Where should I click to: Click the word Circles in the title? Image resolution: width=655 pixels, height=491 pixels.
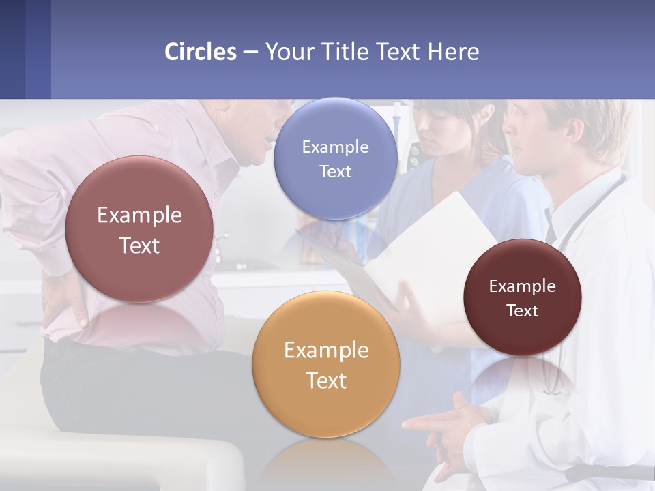click(201, 52)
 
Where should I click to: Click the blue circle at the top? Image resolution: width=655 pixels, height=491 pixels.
click(335, 158)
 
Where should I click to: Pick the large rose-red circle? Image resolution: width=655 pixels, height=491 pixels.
click(139, 229)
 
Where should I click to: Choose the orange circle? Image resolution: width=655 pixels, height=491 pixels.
click(326, 364)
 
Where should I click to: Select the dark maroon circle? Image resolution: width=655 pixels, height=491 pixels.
click(522, 297)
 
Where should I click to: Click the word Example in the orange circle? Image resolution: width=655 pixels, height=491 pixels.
click(326, 351)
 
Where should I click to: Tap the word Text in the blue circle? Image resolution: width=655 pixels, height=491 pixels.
click(335, 171)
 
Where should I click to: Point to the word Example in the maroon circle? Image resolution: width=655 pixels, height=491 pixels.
click(522, 286)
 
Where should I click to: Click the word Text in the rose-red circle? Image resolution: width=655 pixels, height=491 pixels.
click(139, 245)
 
